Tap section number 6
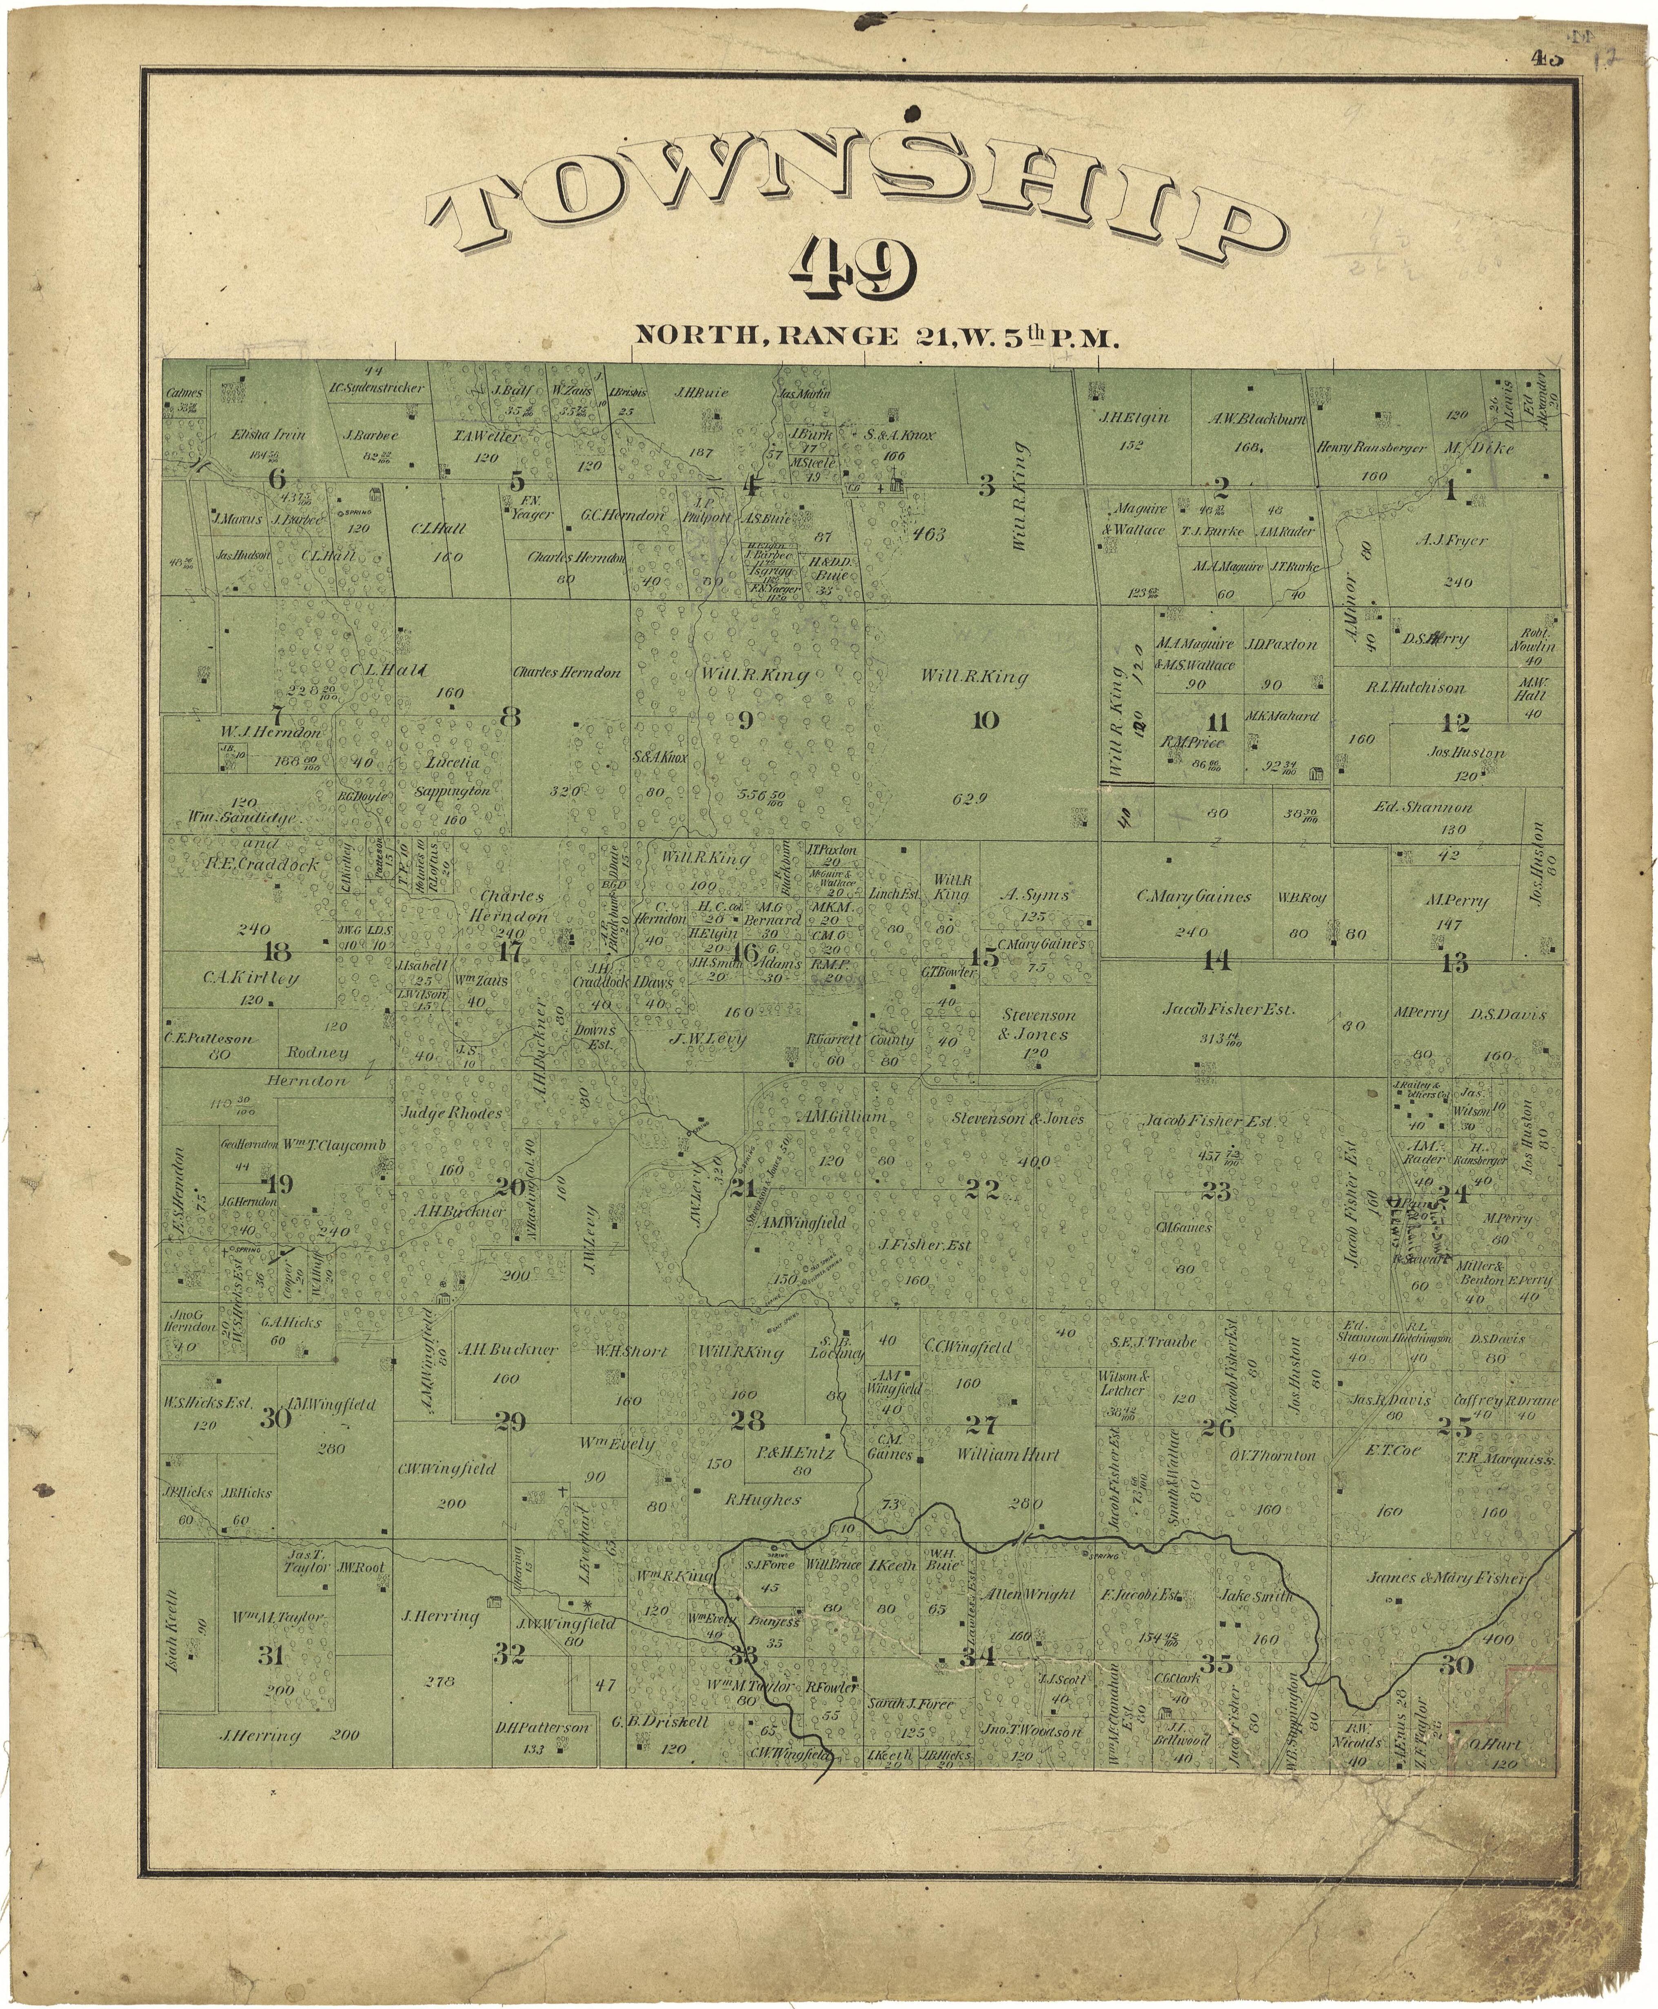(x=277, y=479)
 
